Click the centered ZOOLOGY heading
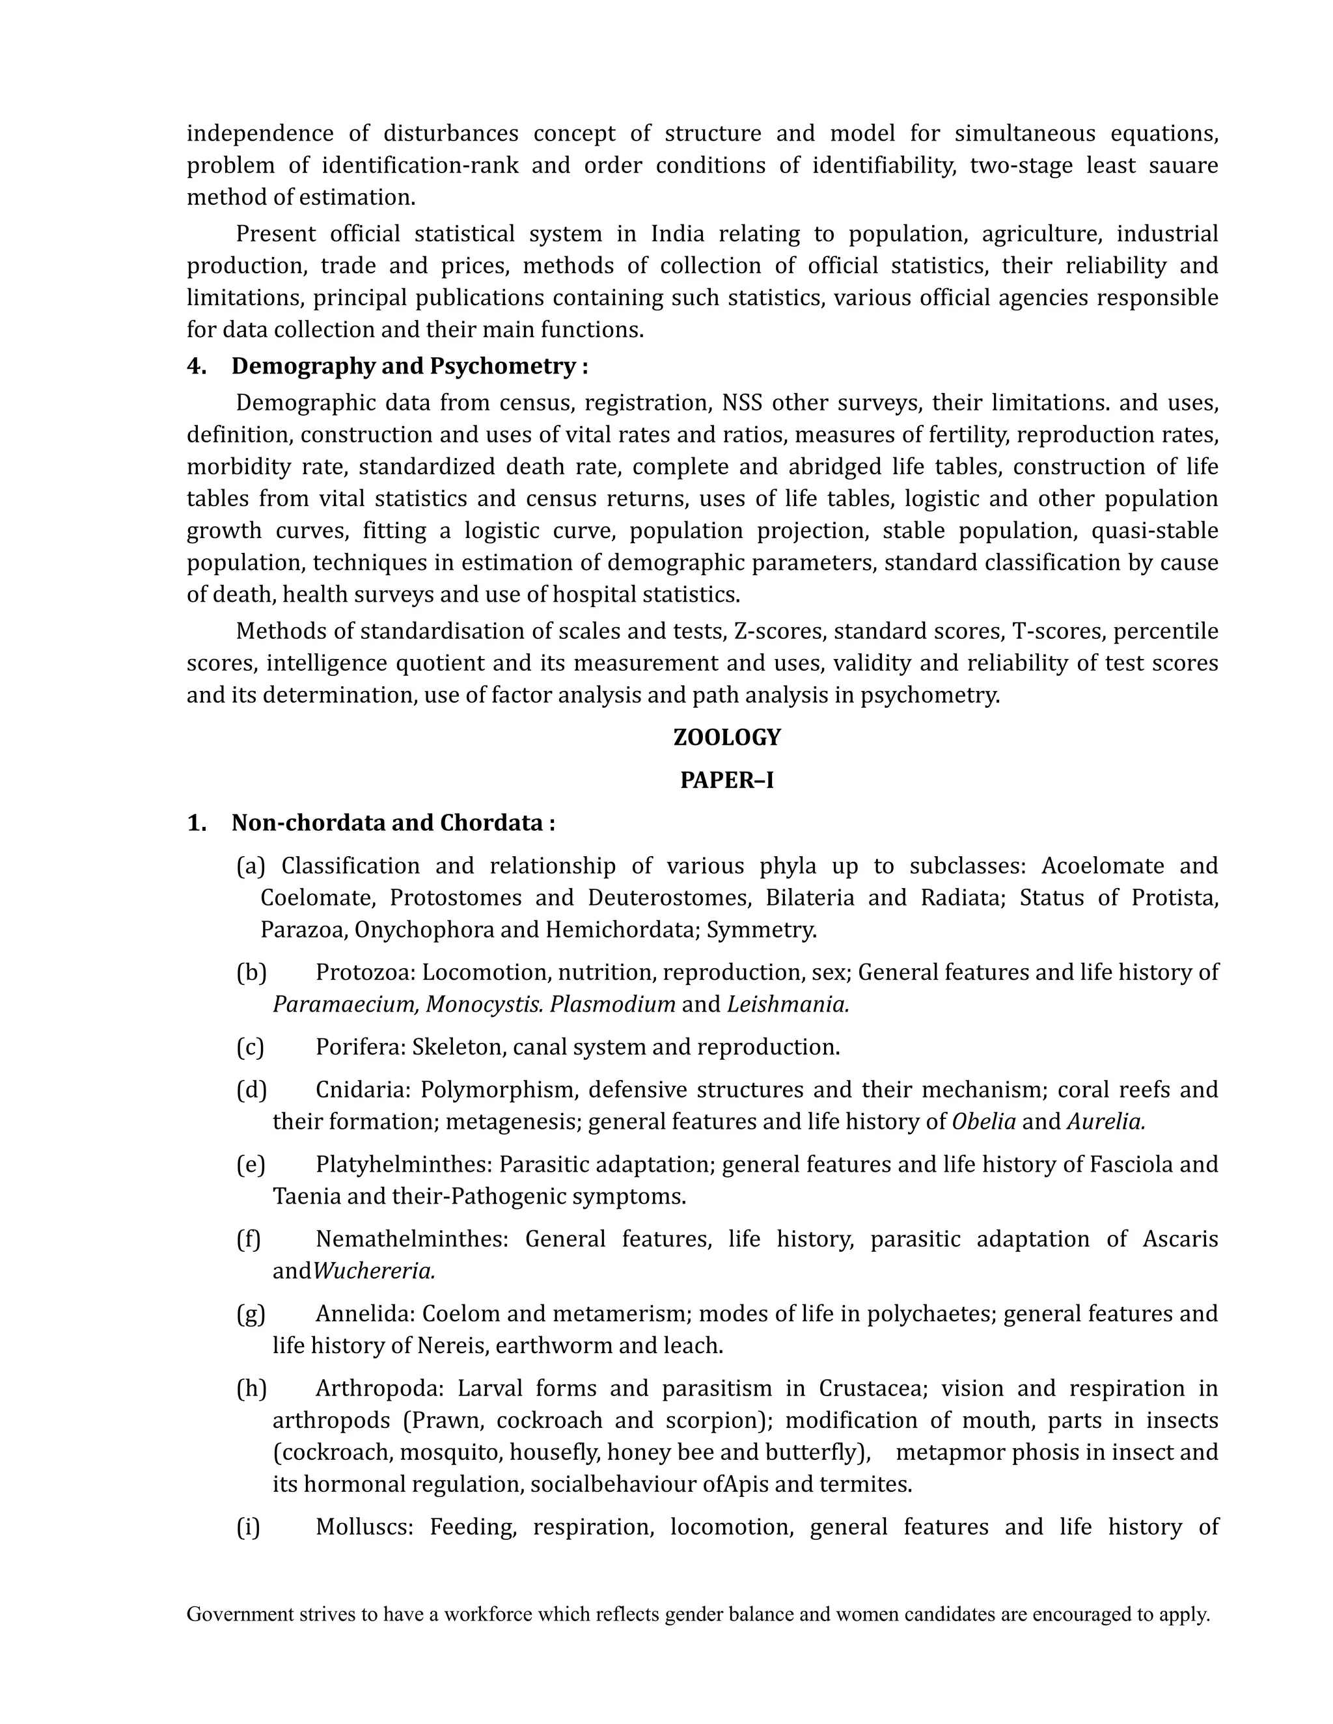(726, 737)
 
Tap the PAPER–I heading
(726, 780)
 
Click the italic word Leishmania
(788, 1004)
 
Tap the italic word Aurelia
(1106, 1121)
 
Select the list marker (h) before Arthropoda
(251, 1388)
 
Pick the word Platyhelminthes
(404, 1164)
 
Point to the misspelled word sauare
(1183, 165)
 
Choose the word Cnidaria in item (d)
(363, 1089)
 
